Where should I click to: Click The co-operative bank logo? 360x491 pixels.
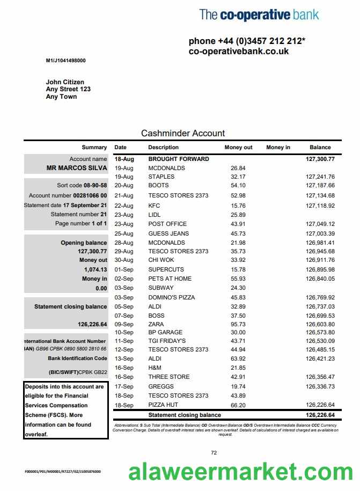[259, 14]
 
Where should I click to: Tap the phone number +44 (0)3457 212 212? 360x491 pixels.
[247, 41]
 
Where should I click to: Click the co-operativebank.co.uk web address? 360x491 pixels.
[239, 52]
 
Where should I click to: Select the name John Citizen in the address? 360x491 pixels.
[65, 82]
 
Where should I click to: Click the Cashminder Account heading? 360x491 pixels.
[183, 133]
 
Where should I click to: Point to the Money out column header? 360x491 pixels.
[238, 147]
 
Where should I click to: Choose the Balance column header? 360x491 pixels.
[320, 147]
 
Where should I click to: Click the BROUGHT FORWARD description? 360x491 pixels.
[179, 159]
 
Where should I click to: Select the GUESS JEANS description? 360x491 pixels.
[168, 233]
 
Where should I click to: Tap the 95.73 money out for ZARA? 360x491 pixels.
[238, 324]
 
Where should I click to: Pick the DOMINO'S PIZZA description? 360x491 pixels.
[172, 297]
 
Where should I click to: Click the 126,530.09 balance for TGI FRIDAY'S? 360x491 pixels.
[320, 341]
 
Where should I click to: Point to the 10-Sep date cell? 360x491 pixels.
[124, 332]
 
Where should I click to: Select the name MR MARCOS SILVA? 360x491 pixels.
[77, 168]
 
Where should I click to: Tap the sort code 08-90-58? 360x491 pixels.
[95, 185]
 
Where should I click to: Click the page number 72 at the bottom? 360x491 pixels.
[214, 453]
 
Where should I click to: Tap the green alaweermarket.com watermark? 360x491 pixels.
[240, 472]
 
